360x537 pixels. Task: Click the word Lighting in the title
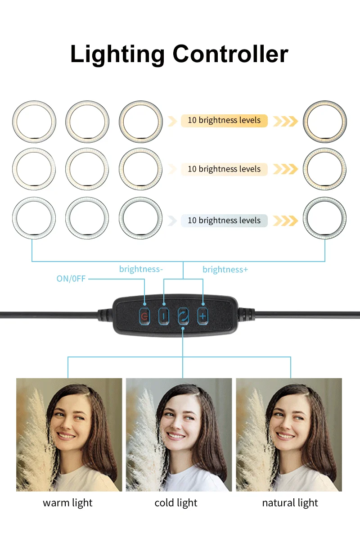117,54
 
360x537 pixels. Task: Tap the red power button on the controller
144,316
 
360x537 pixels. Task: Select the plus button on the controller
202,316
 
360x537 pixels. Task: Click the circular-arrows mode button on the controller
183,316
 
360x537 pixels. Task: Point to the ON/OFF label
71,279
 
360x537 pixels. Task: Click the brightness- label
141,269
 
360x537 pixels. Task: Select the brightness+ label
225,270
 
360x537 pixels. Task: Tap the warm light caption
67,503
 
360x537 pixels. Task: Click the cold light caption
176,503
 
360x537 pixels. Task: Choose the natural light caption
290,503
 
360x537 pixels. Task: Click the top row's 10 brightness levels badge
224,121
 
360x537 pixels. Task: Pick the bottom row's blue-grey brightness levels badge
224,221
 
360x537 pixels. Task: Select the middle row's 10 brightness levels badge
224,169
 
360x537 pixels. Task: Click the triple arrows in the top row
285,121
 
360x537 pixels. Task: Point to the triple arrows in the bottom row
285,221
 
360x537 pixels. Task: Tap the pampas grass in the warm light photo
34,446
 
